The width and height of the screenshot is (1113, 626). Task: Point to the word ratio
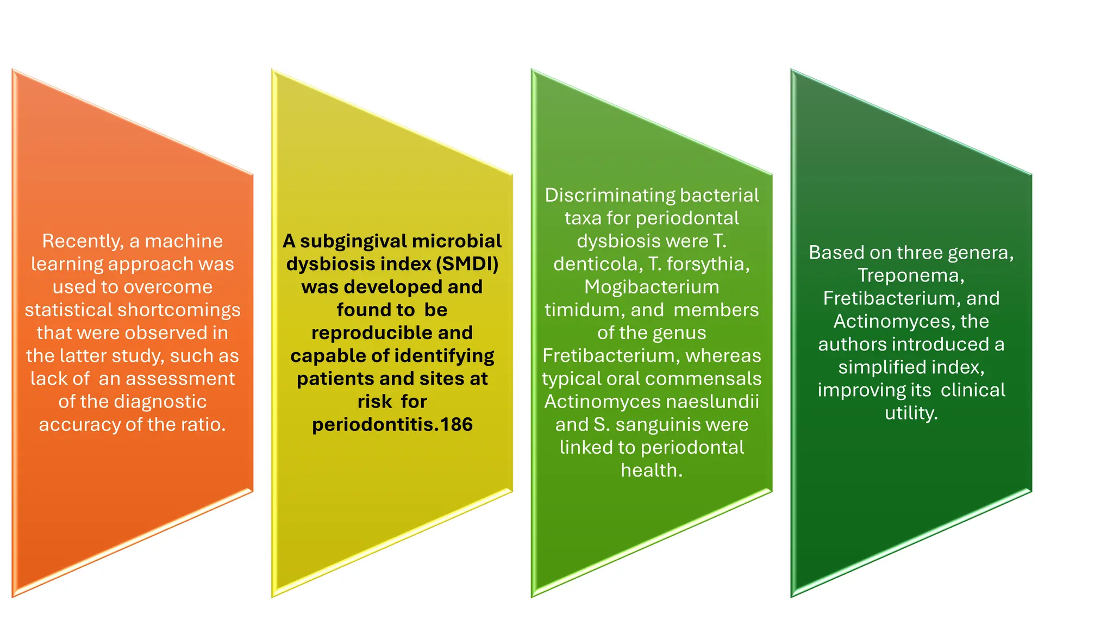coord(205,424)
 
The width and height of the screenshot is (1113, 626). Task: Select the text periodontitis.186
coord(392,424)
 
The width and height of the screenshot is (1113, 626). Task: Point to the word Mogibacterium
coord(652,287)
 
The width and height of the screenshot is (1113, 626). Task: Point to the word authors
coord(852,345)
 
